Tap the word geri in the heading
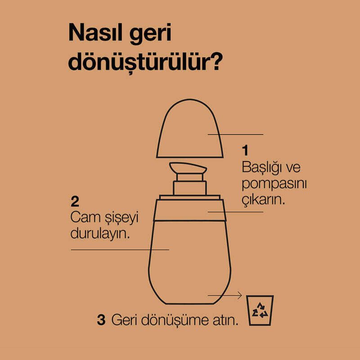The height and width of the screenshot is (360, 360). click(150, 34)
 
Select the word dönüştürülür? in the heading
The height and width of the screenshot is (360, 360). click(145, 62)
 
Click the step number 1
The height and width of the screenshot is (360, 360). click(245, 150)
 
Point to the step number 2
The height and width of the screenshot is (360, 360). click(75, 201)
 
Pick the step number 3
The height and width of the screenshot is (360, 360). click(101, 319)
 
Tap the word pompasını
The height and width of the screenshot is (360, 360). click(274, 184)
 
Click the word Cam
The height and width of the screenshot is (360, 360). click(85, 217)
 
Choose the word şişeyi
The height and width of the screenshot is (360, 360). click(121, 218)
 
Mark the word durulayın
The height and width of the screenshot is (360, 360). click(100, 234)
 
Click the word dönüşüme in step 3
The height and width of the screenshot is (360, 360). click(175, 320)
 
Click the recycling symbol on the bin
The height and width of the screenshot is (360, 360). click(260, 310)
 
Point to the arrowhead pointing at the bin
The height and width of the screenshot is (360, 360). click(240, 295)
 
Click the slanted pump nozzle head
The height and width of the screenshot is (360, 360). click(188, 168)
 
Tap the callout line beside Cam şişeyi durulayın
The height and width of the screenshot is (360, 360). click(120, 250)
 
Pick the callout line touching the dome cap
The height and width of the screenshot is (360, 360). click(235, 134)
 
